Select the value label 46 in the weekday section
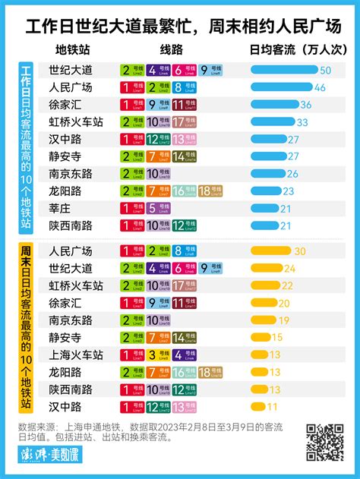(x=320, y=87)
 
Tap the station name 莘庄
(x=59, y=209)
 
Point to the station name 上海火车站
(x=76, y=355)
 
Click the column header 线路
(x=172, y=49)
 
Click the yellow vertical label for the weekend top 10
(x=24, y=329)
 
